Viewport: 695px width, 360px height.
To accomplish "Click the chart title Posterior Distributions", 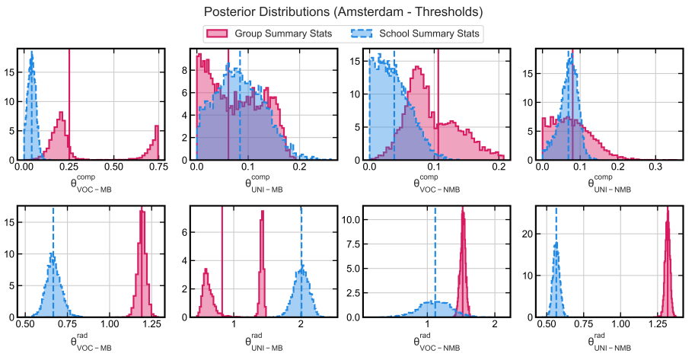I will pos(343,12).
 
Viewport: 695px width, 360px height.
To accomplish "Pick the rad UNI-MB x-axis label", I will pos(264,340).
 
